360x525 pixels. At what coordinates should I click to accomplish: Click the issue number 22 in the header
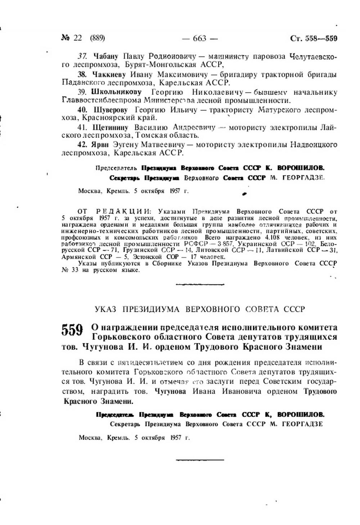tap(78, 38)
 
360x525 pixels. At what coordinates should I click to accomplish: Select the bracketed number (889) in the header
tap(97, 38)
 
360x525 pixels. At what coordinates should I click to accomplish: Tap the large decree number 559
tap(72, 330)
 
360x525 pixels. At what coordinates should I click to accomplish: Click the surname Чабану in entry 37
tap(106, 57)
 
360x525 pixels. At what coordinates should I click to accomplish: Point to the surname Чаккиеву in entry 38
tap(109, 75)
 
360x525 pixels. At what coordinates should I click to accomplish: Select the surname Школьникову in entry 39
tap(116, 92)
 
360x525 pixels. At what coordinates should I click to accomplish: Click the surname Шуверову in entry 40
tap(111, 110)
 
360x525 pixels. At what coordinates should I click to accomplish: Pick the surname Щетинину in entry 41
tap(111, 127)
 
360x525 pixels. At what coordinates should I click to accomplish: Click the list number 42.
tap(82, 145)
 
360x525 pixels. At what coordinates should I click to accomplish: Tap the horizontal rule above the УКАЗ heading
tap(200, 284)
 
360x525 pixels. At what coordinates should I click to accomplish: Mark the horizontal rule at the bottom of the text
tap(200, 460)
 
